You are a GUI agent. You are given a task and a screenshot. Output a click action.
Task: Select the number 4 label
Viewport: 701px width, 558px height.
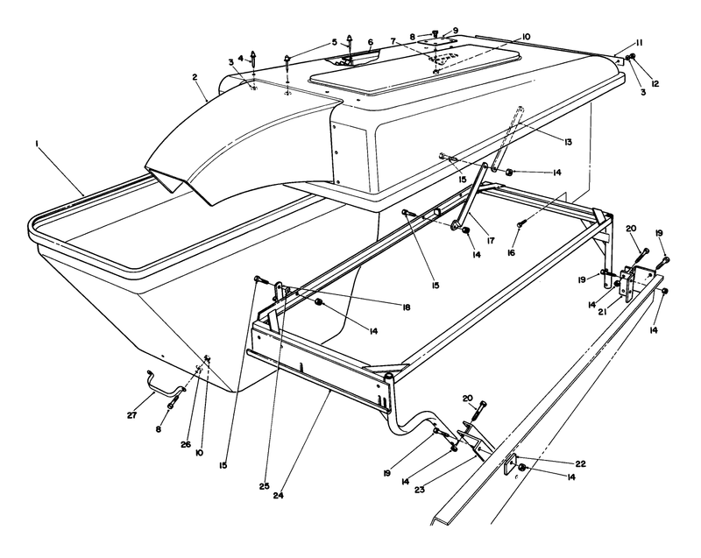241,60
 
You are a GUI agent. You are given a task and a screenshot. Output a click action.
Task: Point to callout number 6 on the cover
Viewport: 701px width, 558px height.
371,42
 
